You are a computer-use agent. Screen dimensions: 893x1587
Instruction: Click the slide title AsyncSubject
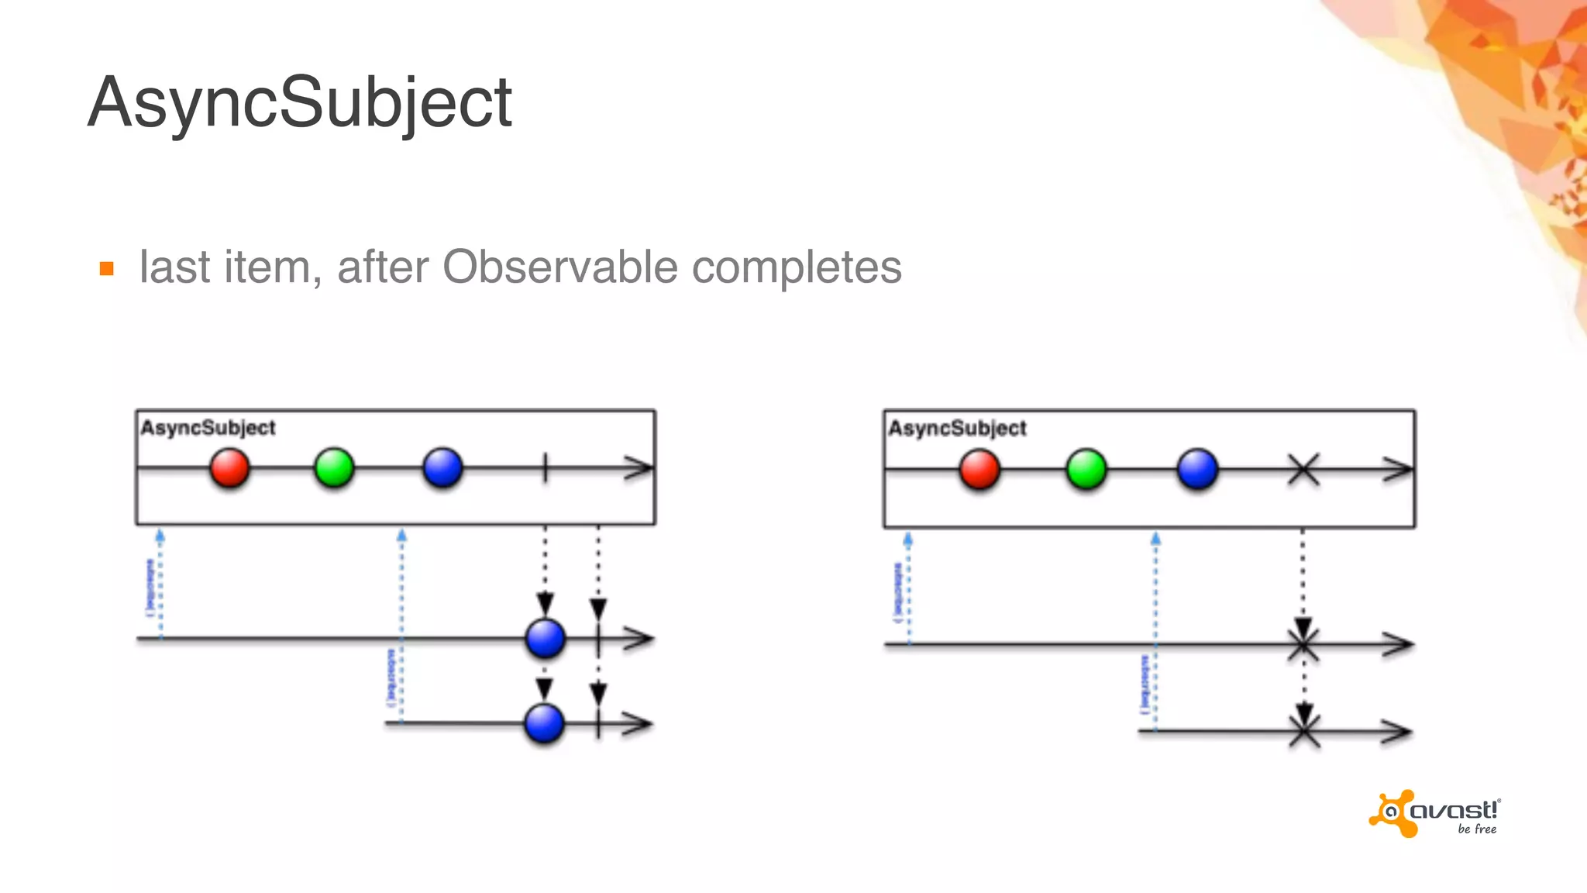pyautogui.click(x=300, y=103)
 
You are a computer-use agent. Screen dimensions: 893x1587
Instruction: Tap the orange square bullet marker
pyautogui.click(x=107, y=269)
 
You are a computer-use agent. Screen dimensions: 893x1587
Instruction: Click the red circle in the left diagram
pyautogui.click(x=229, y=468)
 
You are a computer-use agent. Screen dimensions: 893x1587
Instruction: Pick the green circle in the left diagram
pyautogui.click(x=334, y=468)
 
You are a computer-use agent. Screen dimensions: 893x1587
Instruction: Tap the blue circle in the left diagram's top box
pyautogui.click(x=442, y=468)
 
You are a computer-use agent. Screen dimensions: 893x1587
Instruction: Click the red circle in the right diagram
pyautogui.click(x=979, y=470)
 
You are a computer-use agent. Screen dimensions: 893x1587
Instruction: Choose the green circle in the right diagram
pyautogui.click(x=1086, y=470)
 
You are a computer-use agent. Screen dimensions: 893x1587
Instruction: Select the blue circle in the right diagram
pyautogui.click(x=1197, y=470)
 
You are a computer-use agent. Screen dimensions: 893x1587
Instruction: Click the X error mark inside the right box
pyautogui.click(x=1303, y=470)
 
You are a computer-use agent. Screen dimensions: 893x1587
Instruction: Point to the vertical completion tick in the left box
pyautogui.click(x=545, y=468)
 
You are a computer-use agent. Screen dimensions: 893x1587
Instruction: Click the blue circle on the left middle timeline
pyautogui.click(x=545, y=639)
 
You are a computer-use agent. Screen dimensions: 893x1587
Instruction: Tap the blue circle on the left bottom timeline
pyautogui.click(x=544, y=723)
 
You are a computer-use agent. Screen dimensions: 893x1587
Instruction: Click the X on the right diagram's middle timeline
pyautogui.click(x=1303, y=644)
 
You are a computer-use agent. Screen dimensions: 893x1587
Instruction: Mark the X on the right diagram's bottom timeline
pyautogui.click(x=1304, y=731)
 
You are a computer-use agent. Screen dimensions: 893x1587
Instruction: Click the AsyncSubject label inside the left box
pyautogui.click(x=208, y=428)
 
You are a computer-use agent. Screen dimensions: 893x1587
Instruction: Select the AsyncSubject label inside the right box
pyautogui.click(x=957, y=428)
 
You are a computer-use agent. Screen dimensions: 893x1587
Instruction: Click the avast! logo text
pyautogui.click(x=1454, y=811)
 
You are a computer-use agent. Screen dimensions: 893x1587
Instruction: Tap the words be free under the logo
pyautogui.click(x=1477, y=829)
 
